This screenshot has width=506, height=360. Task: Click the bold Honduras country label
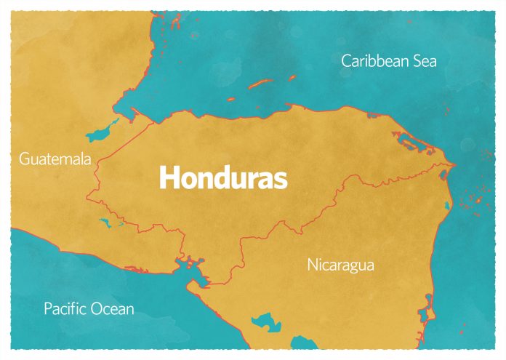click(x=223, y=177)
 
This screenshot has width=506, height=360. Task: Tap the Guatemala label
click(x=56, y=158)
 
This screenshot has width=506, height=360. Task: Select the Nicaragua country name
click(x=340, y=265)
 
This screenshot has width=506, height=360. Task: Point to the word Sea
click(x=425, y=61)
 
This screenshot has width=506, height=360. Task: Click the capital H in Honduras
click(x=169, y=177)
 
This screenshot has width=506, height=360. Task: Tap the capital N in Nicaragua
click(x=312, y=265)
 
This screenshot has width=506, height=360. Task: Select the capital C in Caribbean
click(x=347, y=61)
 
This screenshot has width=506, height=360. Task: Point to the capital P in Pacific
click(x=48, y=309)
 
